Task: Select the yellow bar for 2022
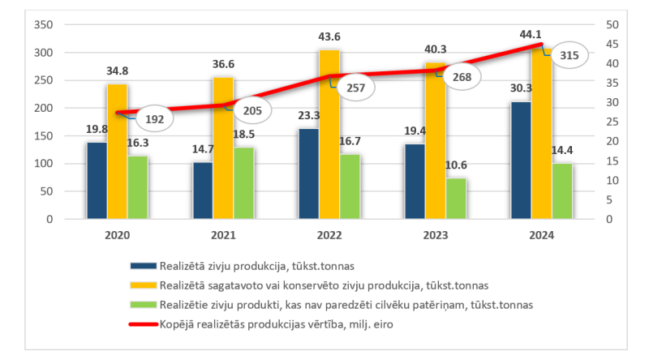click(329, 134)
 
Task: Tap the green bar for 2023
click(457, 198)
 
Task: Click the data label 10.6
click(457, 166)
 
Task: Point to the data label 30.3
click(521, 90)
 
